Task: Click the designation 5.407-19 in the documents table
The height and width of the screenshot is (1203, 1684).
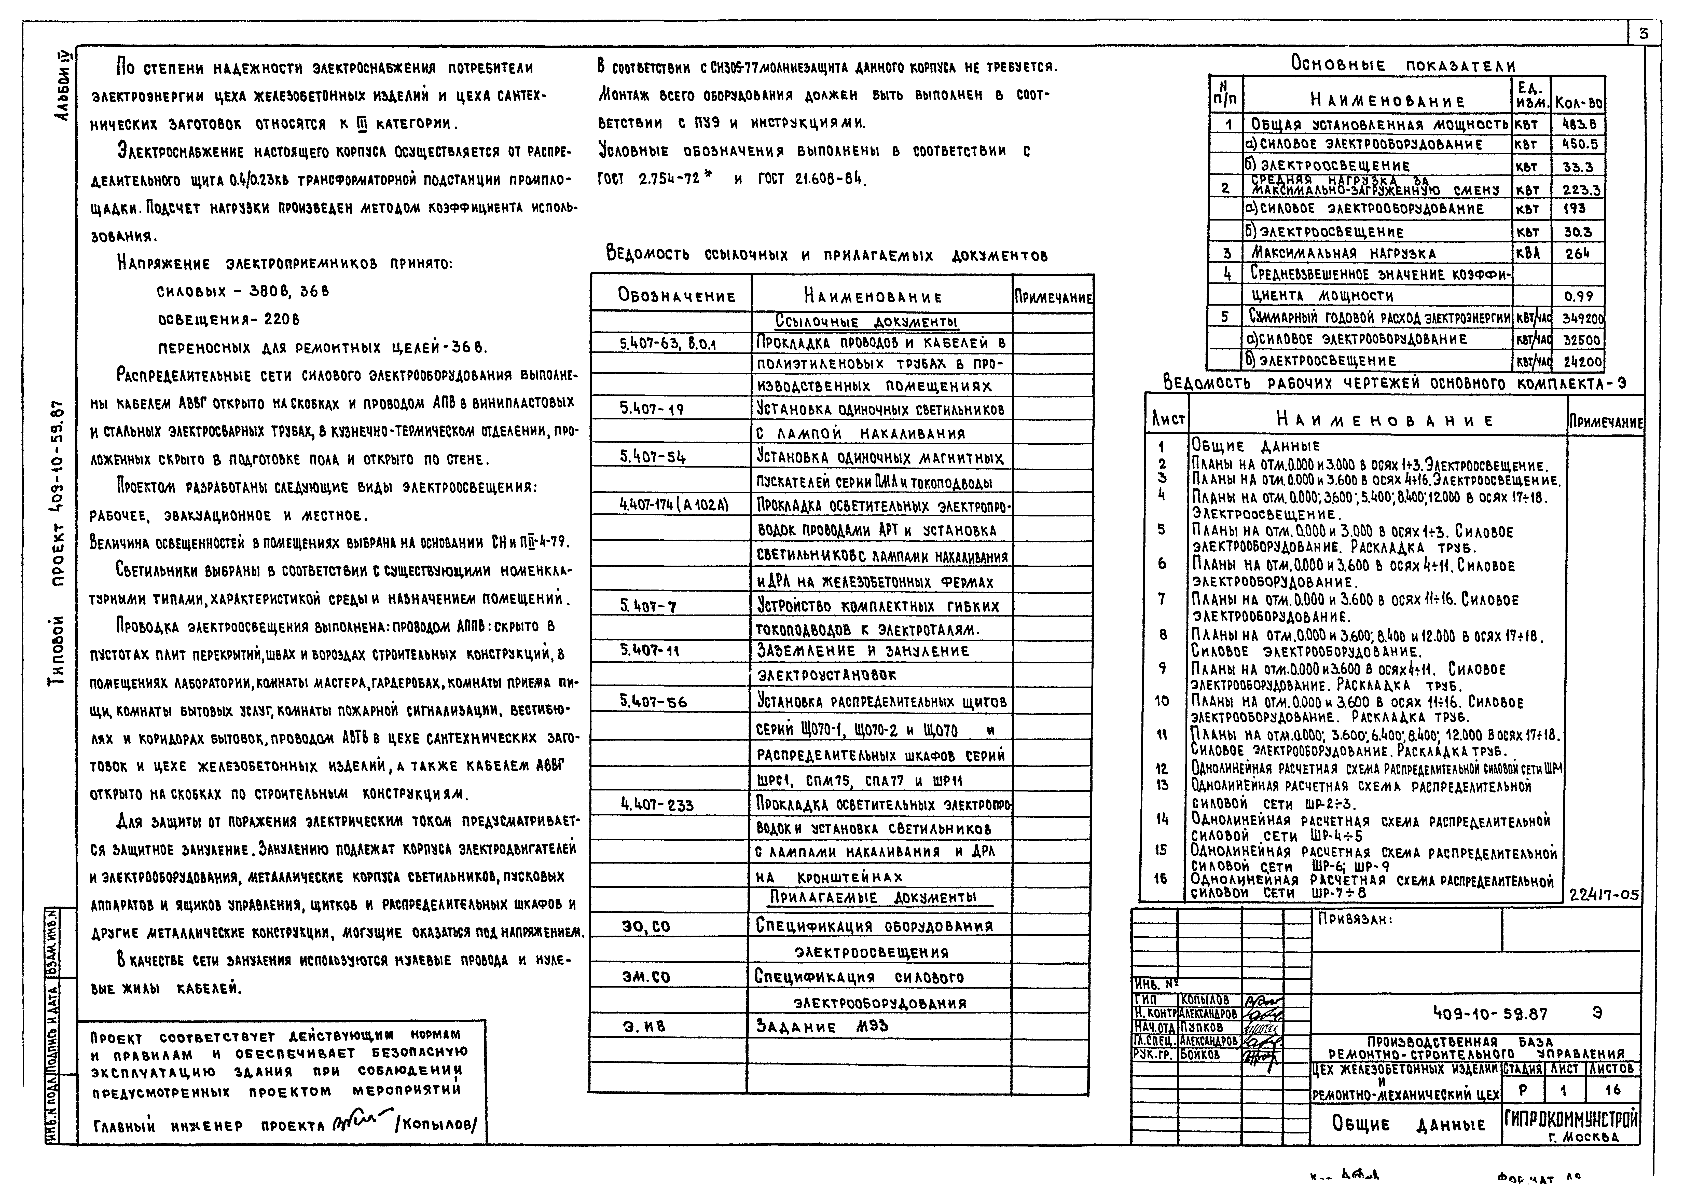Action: click(652, 408)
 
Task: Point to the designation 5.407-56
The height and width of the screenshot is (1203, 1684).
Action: click(653, 702)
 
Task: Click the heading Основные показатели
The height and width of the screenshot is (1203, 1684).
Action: click(1402, 64)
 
